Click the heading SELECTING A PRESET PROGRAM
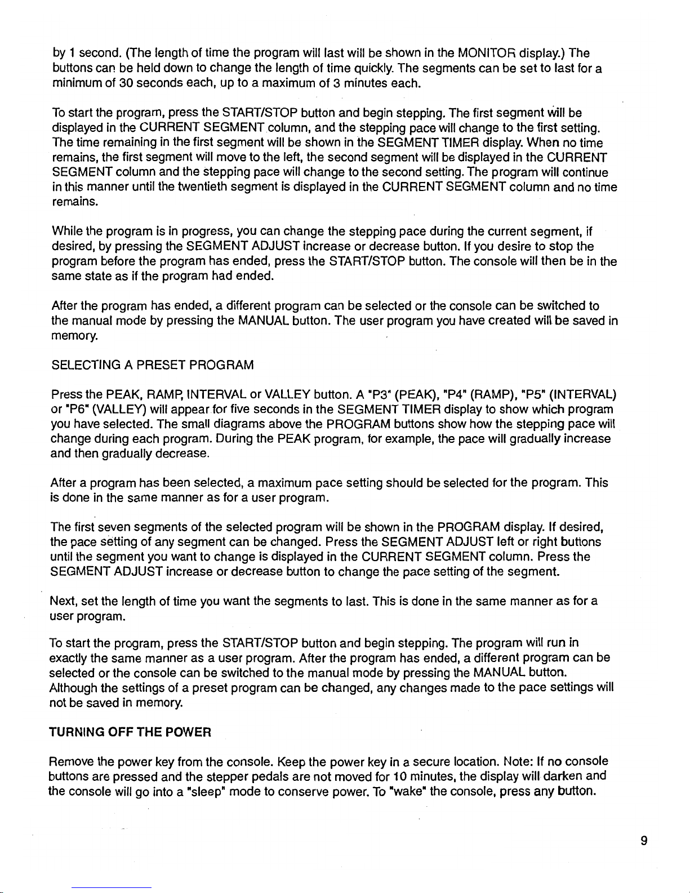click(153, 365)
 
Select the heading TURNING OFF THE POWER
click(131, 732)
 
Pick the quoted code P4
click(455, 393)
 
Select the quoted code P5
click(532, 393)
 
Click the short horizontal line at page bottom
click(112, 888)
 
